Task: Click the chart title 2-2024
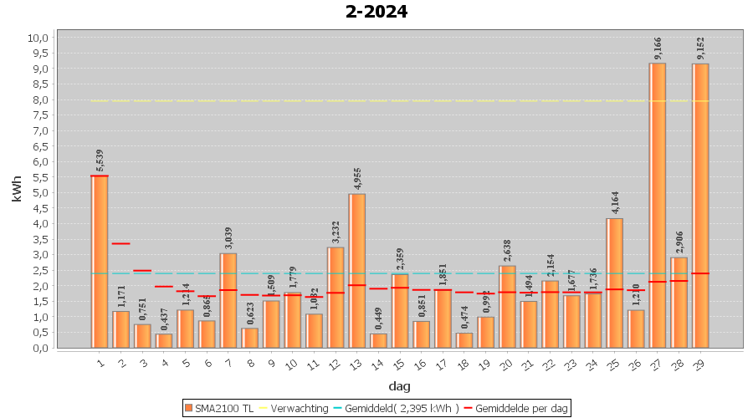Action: click(x=376, y=12)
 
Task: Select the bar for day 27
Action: click(x=658, y=205)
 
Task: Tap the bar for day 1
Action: click(x=100, y=262)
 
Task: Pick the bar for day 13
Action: click(x=357, y=271)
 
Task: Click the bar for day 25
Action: click(x=615, y=283)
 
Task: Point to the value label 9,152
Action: click(x=700, y=48)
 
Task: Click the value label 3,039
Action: click(x=228, y=237)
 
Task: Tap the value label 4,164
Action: click(x=615, y=203)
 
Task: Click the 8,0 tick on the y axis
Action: click(x=38, y=99)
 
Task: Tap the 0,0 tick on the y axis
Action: click(x=38, y=348)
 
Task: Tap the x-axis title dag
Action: click(x=399, y=386)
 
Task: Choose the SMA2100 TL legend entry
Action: click(x=219, y=408)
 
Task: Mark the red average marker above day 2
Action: click(x=121, y=243)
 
